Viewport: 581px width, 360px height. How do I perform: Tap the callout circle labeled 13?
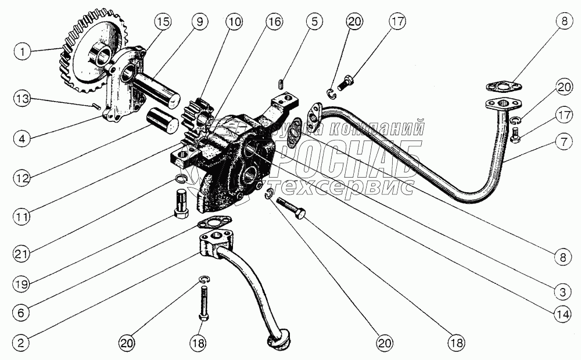(22, 99)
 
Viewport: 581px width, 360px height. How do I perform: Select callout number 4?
(22, 140)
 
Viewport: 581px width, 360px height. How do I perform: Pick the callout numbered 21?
(21, 254)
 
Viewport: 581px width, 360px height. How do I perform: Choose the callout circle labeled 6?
(21, 312)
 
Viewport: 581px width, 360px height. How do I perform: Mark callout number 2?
(21, 343)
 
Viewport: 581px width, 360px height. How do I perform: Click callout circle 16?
(274, 22)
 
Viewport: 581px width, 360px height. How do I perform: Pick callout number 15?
(163, 22)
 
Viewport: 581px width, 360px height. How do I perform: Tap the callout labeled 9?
(199, 22)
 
